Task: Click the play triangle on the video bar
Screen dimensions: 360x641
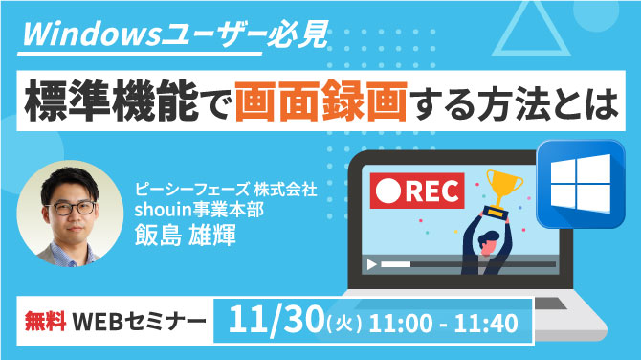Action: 369,262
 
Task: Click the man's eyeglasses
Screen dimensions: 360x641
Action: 69,207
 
